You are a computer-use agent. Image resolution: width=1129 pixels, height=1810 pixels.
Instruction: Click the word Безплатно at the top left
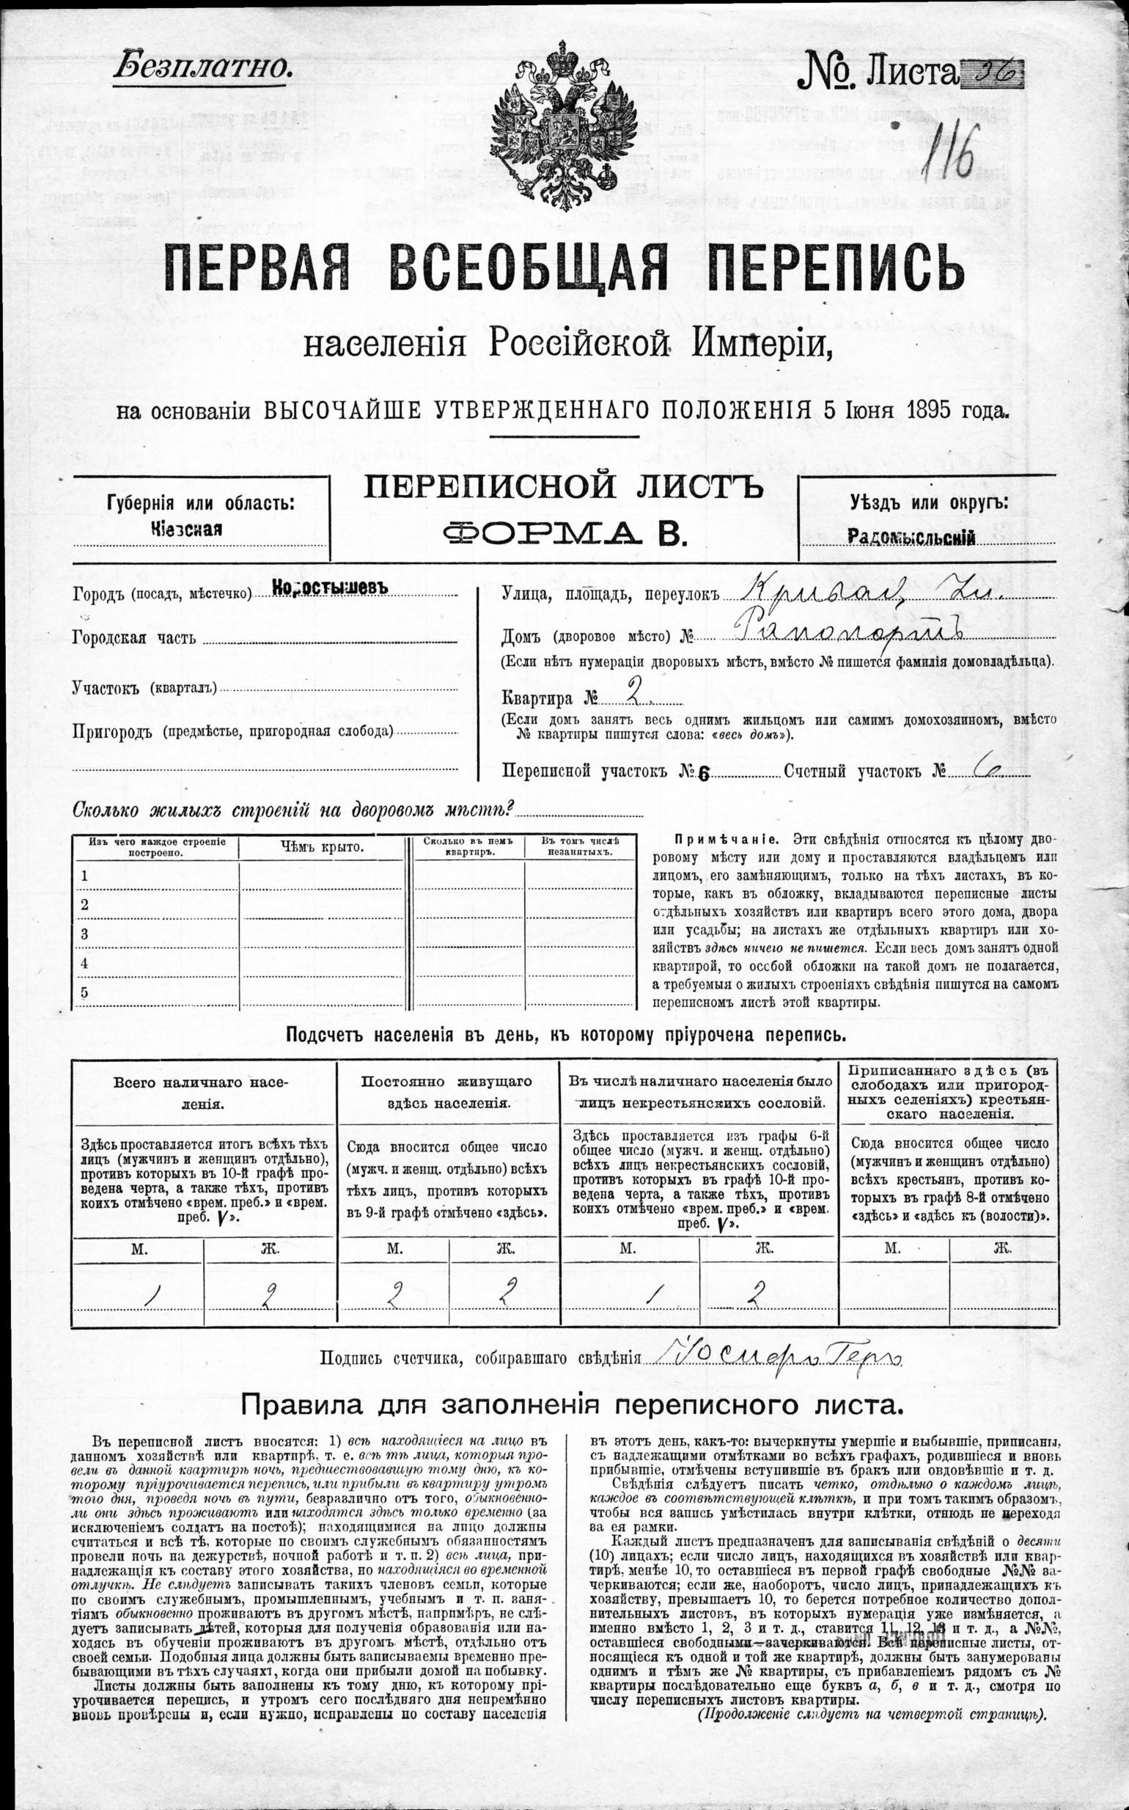(x=202, y=68)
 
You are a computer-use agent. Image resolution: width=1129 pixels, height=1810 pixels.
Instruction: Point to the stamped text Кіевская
(x=186, y=529)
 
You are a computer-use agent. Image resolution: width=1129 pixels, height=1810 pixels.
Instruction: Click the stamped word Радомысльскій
(x=912, y=537)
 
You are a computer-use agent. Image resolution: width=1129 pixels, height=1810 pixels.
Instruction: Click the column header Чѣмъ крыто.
(x=322, y=846)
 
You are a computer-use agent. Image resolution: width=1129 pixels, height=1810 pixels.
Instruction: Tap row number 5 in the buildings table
(x=85, y=992)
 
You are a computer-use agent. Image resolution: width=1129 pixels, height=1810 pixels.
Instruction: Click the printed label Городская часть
(x=134, y=637)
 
